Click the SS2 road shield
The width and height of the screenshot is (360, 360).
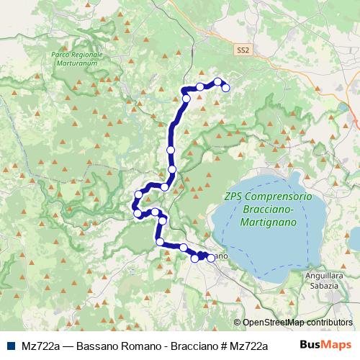pyautogui.click(x=244, y=50)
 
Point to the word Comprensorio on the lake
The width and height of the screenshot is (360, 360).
pyautogui.click(x=278, y=197)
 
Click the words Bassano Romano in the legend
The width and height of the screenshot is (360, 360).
pyautogui.click(x=112, y=345)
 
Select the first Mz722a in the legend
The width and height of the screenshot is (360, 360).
pyautogui.click(x=40, y=345)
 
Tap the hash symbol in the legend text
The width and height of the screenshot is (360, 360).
pyautogui.click(x=220, y=345)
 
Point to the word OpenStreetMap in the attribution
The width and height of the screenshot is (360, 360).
pyautogui.click(x=274, y=322)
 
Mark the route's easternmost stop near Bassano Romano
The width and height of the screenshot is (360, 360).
pyautogui.click(x=225, y=88)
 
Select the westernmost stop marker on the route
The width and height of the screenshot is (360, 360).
pyautogui.click(x=135, y=210)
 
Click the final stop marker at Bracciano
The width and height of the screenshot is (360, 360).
pyautogui.click(x=211, y=258)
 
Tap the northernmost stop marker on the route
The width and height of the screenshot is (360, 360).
pyautogui.click(x=217, y=81)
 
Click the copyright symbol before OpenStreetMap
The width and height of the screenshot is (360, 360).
pyautogui.click(x=238, y=322)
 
